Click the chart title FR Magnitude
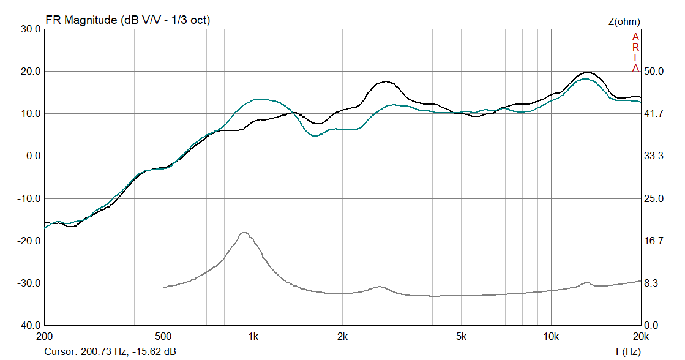point(127,20)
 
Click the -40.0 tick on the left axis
point(29,326)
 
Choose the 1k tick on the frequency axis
point(253,337)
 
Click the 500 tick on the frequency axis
point(163,337)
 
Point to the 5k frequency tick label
point(462,337)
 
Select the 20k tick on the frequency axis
point(640,337)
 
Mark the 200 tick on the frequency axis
point(45,337)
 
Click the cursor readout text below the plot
point(110,352)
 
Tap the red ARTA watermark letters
point(635,52)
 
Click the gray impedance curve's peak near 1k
point(244,233)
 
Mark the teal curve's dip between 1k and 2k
point(315,135)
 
